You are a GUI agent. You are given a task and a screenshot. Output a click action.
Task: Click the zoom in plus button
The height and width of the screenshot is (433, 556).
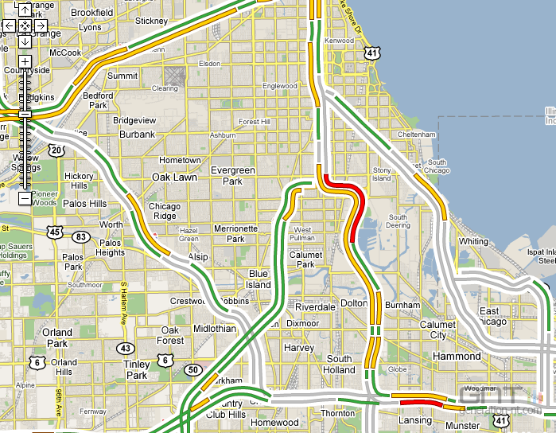pyautogui.click(x=25, y=61)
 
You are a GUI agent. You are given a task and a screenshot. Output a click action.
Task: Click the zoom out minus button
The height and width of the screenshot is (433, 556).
pyautogui.click(x=25, y=197)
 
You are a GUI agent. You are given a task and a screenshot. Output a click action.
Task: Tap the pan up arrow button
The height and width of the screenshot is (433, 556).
pyautogui.click(x=25, y=10)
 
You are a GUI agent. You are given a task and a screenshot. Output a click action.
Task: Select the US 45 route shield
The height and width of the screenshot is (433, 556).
pyautogui.click(x=54, y=232)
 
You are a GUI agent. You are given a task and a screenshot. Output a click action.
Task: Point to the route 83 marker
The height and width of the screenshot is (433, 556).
pyautogui.click(x=80, y=237)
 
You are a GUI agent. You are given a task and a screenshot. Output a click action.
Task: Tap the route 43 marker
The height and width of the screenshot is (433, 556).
pyautogui.click(x=124, y=348)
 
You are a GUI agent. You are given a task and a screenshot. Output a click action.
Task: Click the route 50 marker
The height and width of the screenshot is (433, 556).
pyautogui.click(x=192, y=369)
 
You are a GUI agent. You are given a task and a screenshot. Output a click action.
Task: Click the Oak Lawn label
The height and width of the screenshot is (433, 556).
pyautogui.click(x=174, y=177)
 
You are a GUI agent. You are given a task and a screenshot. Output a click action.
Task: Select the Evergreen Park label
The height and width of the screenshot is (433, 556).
pyautogui.click(x=232, y=176)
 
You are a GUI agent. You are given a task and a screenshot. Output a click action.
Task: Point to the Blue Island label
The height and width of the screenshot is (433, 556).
pyautogui.click(x=259, y=279)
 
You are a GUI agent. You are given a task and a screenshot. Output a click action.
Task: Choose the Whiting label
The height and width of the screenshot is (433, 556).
pyautogui.click(x=474, y=241)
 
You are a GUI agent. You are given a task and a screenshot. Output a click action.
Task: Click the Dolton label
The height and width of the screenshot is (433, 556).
pyautogui.click(x=354, y=304)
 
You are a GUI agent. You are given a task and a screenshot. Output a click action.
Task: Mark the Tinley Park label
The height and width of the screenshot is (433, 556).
pyautogui.click(x=137, y=369)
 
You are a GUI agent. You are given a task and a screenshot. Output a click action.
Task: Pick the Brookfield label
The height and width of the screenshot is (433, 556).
pyautogui.click(x=92, y=13)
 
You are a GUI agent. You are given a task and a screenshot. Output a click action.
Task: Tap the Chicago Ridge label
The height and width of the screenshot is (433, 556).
pyautogui.click(x=165, y=211)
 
